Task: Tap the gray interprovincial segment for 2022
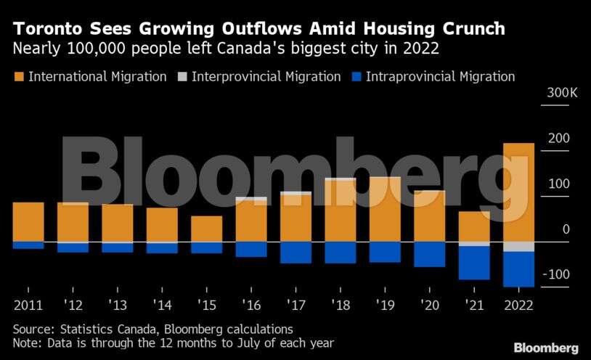point(518,246)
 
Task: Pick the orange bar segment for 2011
point(28,221)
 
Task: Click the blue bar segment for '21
point(474,263)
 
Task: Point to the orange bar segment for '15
point(207,229)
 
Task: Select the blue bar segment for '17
point(295,252)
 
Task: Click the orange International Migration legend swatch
point(18,76)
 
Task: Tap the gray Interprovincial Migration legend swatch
point(182,76)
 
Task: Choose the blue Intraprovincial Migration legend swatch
point(356,76)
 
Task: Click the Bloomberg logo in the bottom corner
point(546,348)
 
